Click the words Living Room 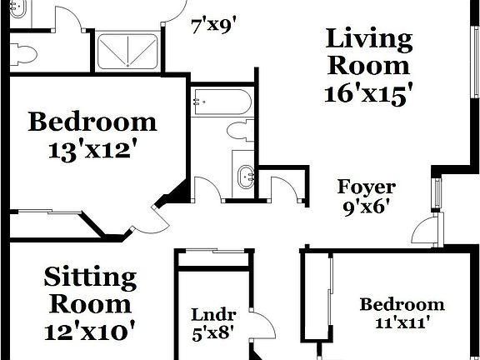(368, 52)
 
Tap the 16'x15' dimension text (369, 93)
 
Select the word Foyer (366, 187)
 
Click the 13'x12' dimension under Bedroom (92, 151)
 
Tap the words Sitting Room (89, 289)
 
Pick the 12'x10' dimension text (89, 332)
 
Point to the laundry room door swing (262, 327)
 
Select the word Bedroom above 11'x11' (402, 304)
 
